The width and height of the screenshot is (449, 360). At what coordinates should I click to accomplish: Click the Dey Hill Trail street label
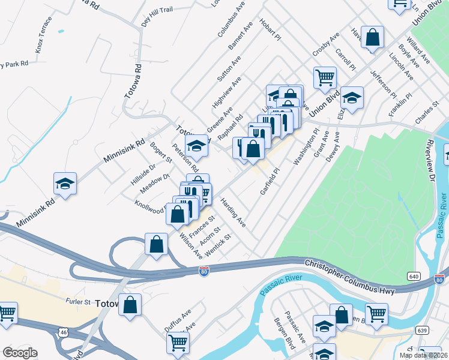(x=157, y=17)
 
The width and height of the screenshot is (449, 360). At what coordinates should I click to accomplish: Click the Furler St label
(x=77, y=302)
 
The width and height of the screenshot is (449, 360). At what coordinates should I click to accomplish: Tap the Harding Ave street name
(x=233, y=213)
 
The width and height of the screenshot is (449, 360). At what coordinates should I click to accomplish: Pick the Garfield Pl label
(x=270, y=181)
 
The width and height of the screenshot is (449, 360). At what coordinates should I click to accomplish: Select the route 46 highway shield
(x=64, y=332)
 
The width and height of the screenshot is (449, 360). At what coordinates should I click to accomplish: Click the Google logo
(x=20, y=353)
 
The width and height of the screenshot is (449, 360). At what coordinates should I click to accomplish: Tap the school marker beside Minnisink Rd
(x=65, y=183)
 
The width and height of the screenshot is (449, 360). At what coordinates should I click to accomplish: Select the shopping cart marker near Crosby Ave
(x=324, y=77)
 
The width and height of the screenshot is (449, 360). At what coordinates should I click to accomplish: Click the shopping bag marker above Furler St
(x=130, y=305)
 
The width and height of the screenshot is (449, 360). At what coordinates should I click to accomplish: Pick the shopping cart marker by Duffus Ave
(x=178, y=343)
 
